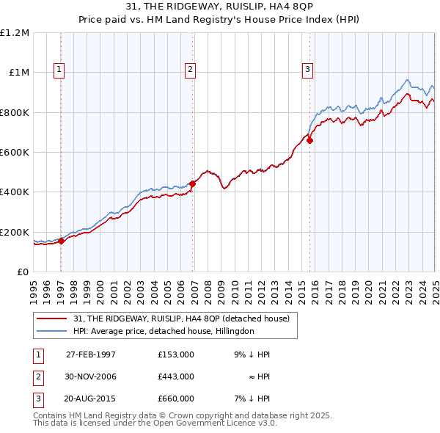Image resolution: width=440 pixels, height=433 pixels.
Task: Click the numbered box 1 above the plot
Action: coord(59,70)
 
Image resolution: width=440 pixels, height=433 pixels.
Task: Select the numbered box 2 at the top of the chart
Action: coord(190,70)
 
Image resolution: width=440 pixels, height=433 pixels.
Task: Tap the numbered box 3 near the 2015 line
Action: coord(307,70)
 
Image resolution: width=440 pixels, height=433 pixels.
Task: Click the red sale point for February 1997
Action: coord(62,241)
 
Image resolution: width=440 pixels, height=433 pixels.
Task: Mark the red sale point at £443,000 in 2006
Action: coord(192,183)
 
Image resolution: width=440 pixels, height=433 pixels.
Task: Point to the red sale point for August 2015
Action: coord(310,140)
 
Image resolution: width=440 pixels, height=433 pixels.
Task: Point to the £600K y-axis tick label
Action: coord(15,153)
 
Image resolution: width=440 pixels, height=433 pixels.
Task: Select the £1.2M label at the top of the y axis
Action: coord(15,33)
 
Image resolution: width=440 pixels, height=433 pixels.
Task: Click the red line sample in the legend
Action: coord(53,319)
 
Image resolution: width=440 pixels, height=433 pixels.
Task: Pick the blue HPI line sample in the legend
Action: coord(53,331)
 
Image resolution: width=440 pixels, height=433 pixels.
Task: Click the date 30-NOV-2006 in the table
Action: coord(91,376)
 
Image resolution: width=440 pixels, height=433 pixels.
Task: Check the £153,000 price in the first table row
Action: coord(176,354)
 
